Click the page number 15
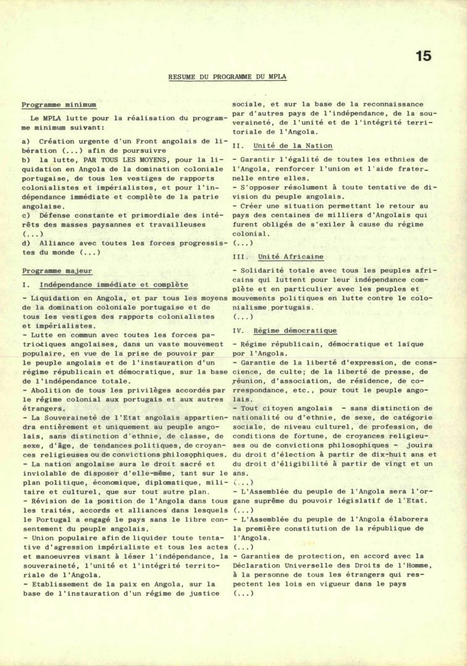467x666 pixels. pyautogui.click(x=423, y=56)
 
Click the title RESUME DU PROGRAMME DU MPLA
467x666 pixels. pyautogui.click(x=227, y=77)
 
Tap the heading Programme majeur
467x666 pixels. pyautogui.click(x=57, y=271)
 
